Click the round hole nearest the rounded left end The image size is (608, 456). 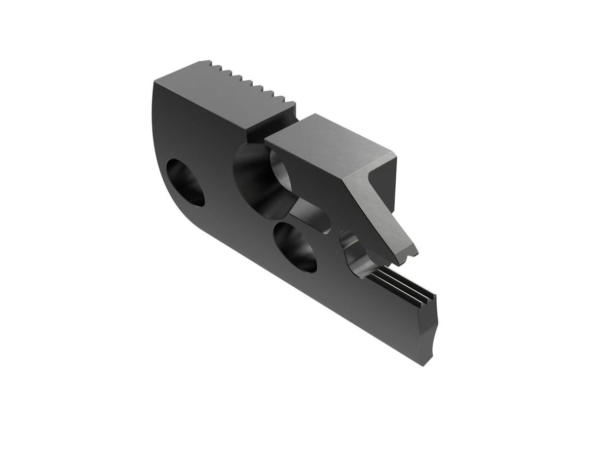coord(185,182)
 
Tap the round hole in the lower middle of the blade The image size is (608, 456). coord(295,247)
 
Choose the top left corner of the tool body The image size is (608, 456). coord(155,81)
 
